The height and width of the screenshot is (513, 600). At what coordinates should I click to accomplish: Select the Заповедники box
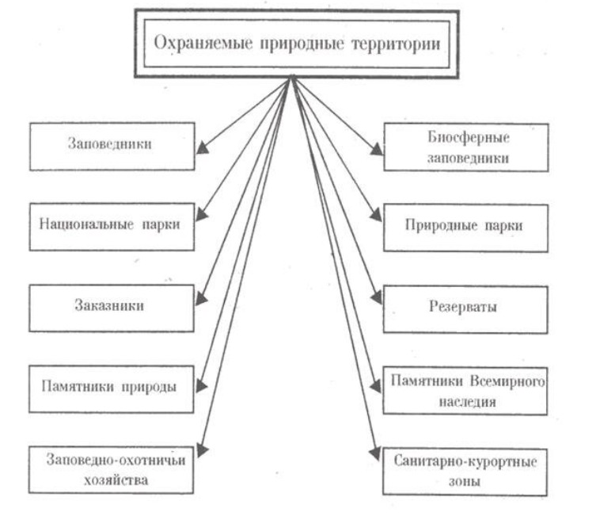[111, 147]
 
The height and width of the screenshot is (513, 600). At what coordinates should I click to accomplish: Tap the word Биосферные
[463, 137]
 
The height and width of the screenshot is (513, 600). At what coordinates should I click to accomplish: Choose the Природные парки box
[463, 224]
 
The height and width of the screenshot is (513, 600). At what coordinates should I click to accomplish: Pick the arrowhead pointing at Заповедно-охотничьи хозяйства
[202, 450]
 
